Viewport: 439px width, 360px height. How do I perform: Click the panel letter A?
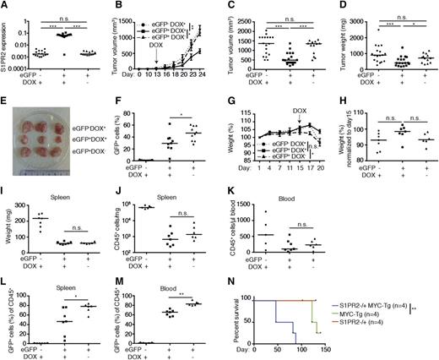tap(5, 6)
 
